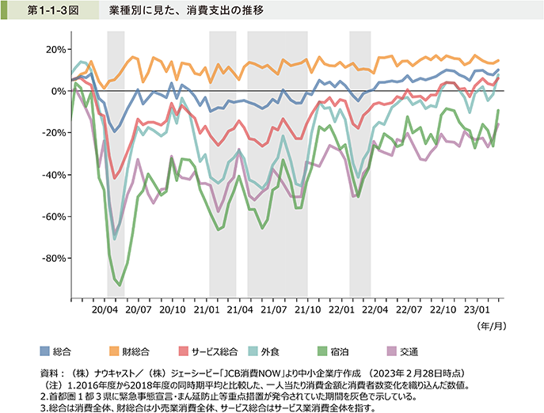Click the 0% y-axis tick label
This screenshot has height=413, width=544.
click(58, 91)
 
